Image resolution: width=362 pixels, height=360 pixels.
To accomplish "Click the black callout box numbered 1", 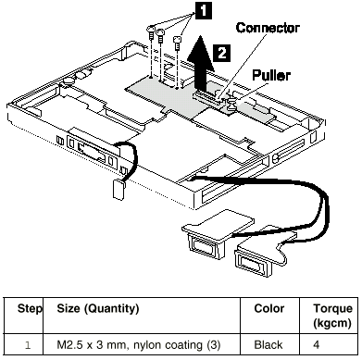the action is pyautogui.click(x=203, y=10).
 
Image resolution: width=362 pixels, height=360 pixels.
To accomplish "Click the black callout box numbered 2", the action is pyautogui.click(x=222, y=53).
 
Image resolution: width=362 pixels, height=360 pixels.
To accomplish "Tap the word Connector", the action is pyautogui.click(x=268, y=28).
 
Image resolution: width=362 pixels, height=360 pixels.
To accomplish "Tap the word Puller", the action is pyautogui.click(x=271, y=75).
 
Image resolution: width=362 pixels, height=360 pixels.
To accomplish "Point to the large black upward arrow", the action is pyautogui.click(x=201, y=62).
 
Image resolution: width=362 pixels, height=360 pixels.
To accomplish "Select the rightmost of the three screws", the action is pyautogui.click(x=178, y=43).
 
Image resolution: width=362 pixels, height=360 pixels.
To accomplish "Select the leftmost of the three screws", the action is pyautogui.click(x=151, y=31).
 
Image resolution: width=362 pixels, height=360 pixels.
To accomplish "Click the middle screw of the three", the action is pyautogui.click(x=160, y=36).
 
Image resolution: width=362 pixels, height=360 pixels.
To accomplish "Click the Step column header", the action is pyautogui.click(x=30, y=308).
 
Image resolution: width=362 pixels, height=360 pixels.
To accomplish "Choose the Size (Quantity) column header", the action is pyautogui.click(x=98, y=308).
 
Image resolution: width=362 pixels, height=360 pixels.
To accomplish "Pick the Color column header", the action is pyautogui.click(x=269, y=308).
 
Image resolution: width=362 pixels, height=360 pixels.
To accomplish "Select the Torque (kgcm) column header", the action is pyautogui.click(x=332, y=316).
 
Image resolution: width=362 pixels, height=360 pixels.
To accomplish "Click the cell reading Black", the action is pyautogui.click(x=268, y=344).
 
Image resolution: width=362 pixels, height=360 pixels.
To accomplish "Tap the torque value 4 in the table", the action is pyautogui.click(x=317, y=344).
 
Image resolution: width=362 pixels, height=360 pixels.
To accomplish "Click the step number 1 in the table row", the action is pyautogui.click(x=28, y=345).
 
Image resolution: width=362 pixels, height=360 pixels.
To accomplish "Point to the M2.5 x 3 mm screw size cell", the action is pyautogui.click(x=139, y=345).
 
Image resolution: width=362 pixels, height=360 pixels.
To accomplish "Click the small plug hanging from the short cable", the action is pyautogui.click(x=119, y=190).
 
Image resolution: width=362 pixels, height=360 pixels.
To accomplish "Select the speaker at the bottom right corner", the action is pyautogui.click(x=257, y=256).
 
